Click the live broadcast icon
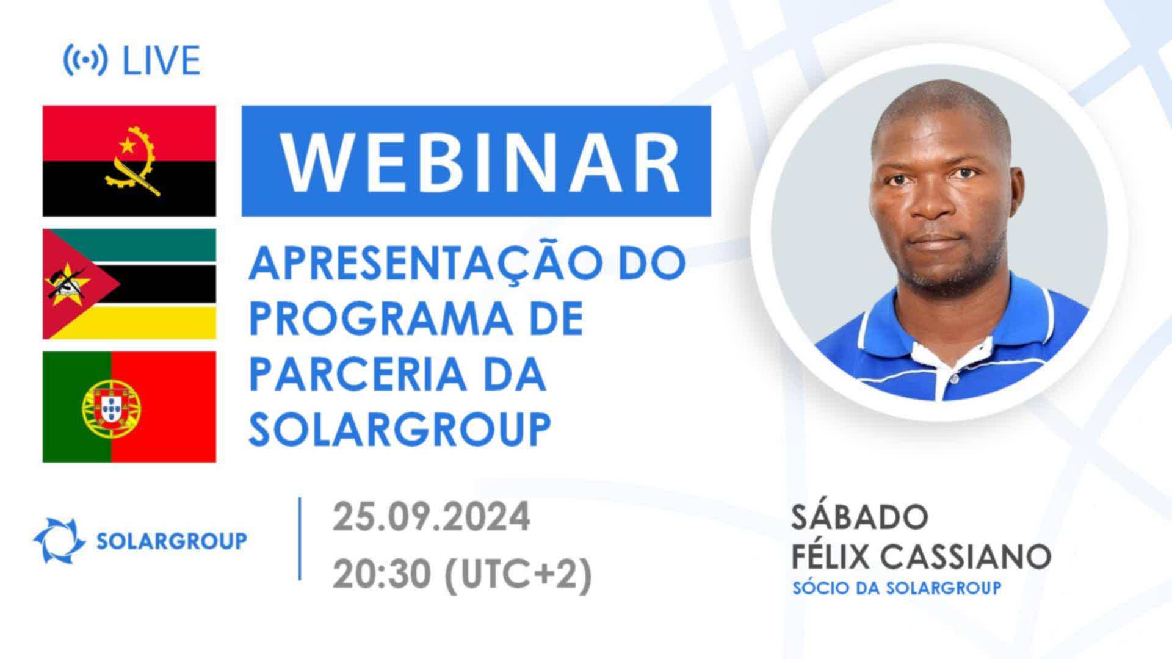(x=85, y=60)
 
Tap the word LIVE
(x=162, y=60)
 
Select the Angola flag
(x=129, y=161)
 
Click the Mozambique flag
(x=129, y=284)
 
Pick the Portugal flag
(x=129, y=406)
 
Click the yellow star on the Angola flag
(x=127, y=145)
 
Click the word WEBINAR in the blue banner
(x=480, y=160)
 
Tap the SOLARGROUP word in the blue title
(x=400, y=429)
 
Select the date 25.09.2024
(x=432, y=518)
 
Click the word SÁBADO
(x=860, y=517)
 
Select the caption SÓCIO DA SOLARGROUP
(x=897, y=588)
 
